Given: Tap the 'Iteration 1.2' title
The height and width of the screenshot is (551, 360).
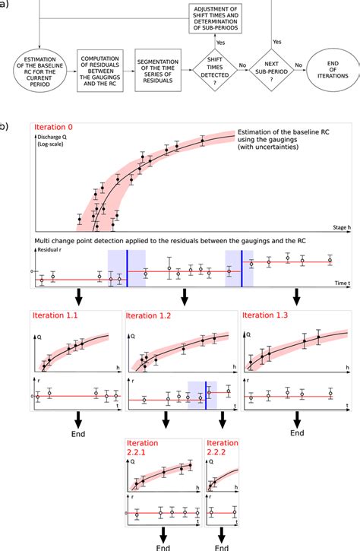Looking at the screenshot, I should (149, 314).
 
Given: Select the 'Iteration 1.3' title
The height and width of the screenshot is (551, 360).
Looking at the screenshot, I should (267, 314).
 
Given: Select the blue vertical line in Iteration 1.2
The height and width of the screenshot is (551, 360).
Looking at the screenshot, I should (205, 397).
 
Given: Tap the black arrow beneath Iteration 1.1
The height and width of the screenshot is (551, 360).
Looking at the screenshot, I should (77, 419).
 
